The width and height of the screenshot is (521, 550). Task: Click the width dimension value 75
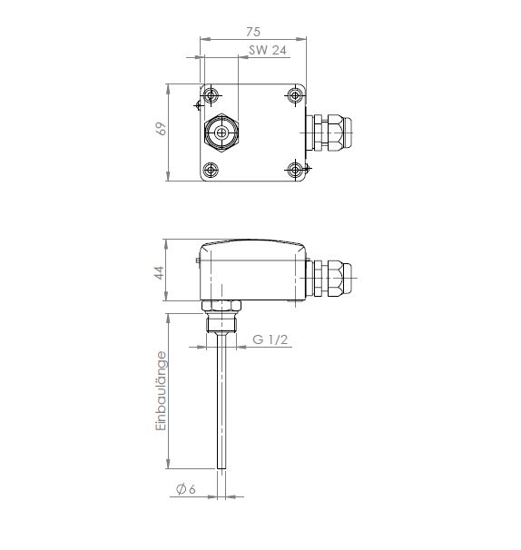pos(253,32)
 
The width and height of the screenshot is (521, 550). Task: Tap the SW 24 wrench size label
pos(268,50)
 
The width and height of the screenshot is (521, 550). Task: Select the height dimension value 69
pos(161,128)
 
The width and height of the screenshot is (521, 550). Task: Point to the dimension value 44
pos(159,273)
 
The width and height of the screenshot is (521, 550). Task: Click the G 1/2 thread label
pos(270,339)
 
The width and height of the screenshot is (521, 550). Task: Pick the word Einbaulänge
pos(161,391)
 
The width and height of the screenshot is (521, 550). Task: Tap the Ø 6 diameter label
pos(186,489)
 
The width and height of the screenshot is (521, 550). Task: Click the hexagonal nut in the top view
pos(221,133)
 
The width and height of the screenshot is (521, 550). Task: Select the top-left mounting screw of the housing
pos(211,95)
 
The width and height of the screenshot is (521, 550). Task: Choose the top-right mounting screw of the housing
pos(295,95)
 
